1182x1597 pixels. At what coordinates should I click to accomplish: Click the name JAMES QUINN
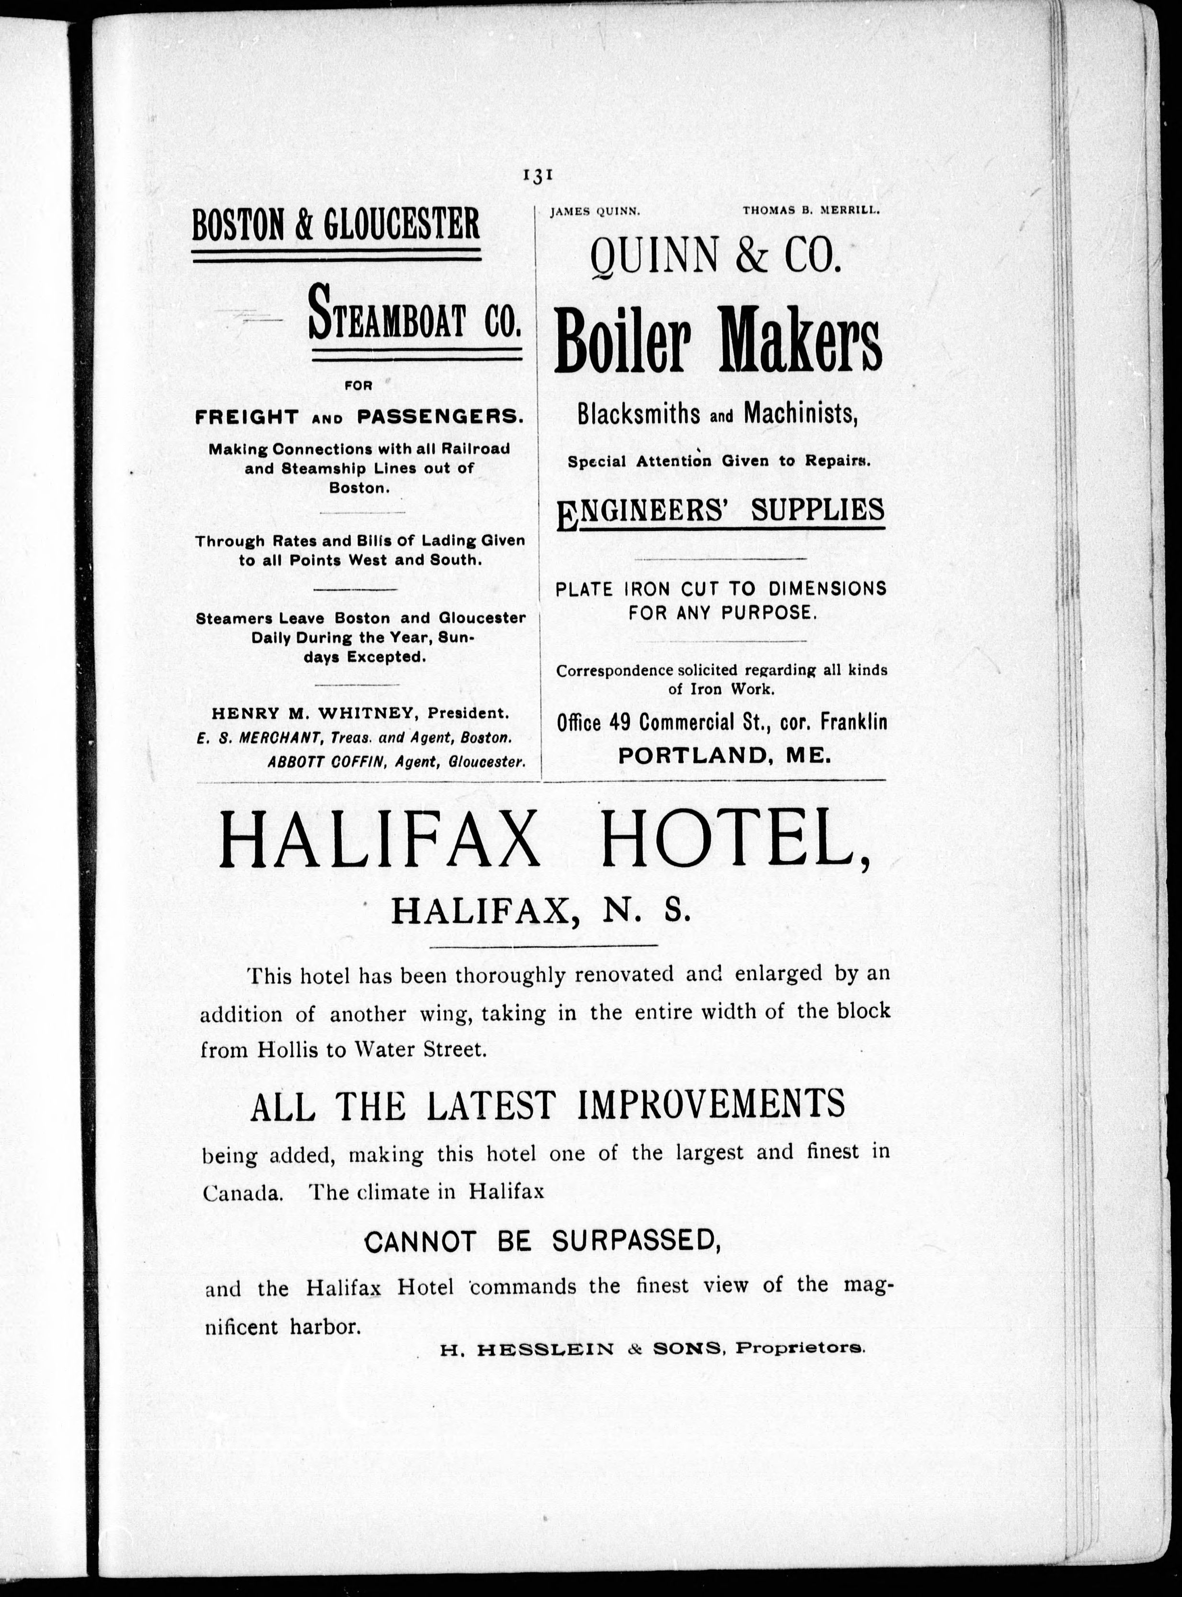594,211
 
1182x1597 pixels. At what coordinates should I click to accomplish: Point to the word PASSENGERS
439,417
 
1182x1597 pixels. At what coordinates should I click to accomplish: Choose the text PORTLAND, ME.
724,756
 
